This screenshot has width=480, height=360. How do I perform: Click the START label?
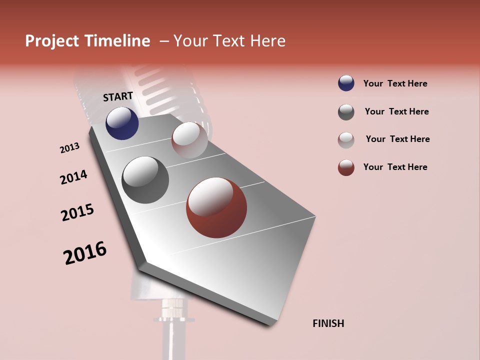point(118,96)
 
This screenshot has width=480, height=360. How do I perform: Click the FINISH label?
point(328,323)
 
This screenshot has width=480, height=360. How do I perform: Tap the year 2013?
point(69,148)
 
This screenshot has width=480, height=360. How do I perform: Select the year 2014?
point(73,177)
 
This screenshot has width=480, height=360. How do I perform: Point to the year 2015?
point(77,212)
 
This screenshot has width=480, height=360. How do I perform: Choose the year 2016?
point(85,253)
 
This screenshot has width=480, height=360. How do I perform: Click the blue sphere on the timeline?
point(122,123)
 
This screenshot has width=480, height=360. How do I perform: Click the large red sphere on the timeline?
point(216,207)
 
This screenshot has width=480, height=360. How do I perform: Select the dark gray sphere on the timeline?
point(145,180)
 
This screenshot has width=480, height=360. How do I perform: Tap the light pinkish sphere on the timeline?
point(189,140)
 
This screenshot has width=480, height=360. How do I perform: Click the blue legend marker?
point(346,83)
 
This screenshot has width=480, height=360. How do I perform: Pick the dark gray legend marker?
point(346,112)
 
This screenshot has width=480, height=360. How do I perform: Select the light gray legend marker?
point(346,140)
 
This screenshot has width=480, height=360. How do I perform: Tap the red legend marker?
point(346,167)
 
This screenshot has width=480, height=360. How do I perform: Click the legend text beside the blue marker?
point(395,83)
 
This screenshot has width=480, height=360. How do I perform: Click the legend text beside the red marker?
point(395,167)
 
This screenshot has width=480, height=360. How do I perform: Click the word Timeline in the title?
point(117,41)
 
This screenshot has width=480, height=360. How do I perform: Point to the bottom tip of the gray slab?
point(270,323)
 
